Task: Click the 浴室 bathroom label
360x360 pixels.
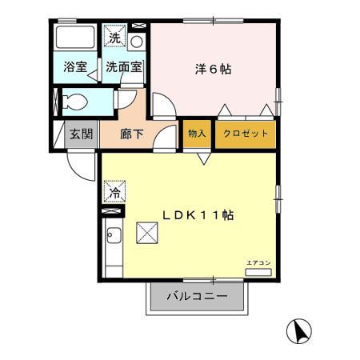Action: click(x=75, y=67)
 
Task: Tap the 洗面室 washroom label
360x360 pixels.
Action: click(x=124, y=67)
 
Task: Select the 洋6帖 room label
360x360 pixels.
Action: click(x=213, y=70)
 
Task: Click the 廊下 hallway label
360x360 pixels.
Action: click(x=131, y=133)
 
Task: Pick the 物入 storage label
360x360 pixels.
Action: click(x=196, y=133)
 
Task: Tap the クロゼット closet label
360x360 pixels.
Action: click(x=246, y=133)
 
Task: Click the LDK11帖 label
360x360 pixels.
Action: click(x=198, y=215)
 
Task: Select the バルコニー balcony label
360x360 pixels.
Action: click(x=197, y=296)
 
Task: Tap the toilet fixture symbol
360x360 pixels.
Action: click(x=74, y=102)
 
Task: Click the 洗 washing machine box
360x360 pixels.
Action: click(x=115, y=38)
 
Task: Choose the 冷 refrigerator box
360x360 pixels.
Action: click(x=114, y=192)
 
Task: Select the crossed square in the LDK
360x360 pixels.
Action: click(x=148, y=233)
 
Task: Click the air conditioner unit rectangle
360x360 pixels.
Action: click(x=258, y=273)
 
